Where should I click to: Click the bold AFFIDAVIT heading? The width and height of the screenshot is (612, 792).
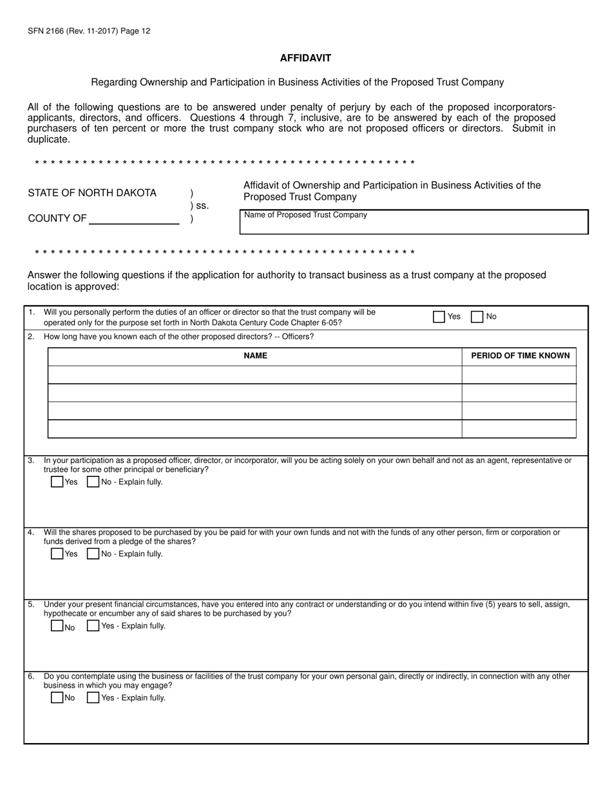pos(305,58)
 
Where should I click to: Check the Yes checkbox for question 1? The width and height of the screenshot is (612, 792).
pos(439,317)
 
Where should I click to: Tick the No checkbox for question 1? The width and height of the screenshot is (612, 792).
pos(477,317)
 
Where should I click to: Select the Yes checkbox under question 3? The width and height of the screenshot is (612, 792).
pos(57,482)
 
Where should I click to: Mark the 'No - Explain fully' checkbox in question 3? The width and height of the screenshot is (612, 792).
pos(93,482)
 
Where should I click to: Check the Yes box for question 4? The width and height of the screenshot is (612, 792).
pos(57,554)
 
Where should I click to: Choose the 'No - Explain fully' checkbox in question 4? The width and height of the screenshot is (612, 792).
pos(93,554)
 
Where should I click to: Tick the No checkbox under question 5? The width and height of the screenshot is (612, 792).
pos(57,626)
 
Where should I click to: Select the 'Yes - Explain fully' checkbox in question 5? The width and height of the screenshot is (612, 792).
pos(93,626)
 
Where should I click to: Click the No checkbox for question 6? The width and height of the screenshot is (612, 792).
pos(57,697)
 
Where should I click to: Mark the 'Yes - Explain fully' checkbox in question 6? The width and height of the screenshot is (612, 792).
pos(93,697)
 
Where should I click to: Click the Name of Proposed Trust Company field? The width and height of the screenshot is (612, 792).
pos(414,225)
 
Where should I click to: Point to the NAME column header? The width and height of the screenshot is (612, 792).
pos(255,355)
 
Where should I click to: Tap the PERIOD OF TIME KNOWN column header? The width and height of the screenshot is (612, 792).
pos(520,355)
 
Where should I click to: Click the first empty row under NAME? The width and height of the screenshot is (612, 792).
pos(255,375)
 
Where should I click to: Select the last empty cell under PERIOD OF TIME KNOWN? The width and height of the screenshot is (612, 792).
pos(519,429)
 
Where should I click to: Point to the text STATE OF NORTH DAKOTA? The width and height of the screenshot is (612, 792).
pos(92,193)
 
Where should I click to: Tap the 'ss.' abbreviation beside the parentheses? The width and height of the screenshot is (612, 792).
pos(202,206)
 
